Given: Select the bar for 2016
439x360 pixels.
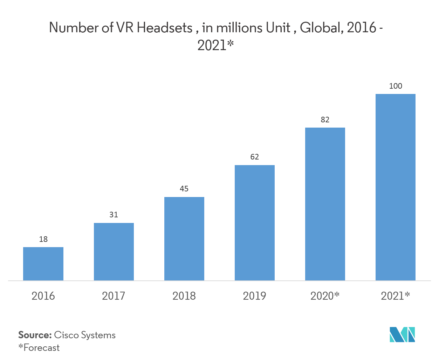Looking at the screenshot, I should click(x=43, y=264).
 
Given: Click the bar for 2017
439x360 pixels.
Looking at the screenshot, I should click(x=114, y=252).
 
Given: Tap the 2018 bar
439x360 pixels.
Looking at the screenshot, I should click(x=184, y=239).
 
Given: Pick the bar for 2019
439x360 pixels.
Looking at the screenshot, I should click(x=254, y=223).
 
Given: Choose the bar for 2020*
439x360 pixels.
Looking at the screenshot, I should click(x=325, y=204).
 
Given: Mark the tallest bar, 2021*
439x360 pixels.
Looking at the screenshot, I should click(x=395, y=187).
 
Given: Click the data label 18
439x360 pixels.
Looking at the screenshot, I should click(x=43, y=239).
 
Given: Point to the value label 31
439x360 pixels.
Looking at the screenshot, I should click(x=114, y=215).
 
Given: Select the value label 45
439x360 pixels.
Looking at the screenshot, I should click(x=184, y=189).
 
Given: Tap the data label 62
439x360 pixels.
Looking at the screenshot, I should click(x=254, y=157).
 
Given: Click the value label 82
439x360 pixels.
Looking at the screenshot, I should click(x=325, y=120).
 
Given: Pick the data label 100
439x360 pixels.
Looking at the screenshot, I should click(x=396, y=86).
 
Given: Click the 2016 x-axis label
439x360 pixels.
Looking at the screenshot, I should click(x=43, y=296).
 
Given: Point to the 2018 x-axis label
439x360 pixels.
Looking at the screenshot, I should click(x=184, y=296).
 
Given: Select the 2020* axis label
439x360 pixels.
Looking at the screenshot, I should click(x=325, y=296).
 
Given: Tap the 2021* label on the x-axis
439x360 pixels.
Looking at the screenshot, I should click(x=395, y=296).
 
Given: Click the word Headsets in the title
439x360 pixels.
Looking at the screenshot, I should click(x=164, y=28).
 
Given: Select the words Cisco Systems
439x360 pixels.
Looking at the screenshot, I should click(x=84, y=335).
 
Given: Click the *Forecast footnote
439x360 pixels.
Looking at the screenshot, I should click(x=39, y=348).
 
